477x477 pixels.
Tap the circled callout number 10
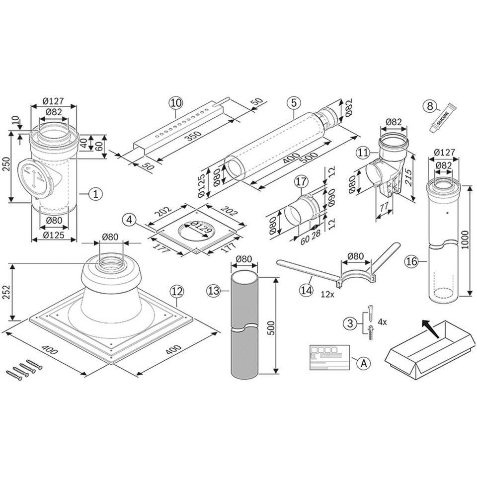coord(175,103)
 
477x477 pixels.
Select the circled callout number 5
coord(294,103)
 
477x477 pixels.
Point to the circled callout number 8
coord(429,105)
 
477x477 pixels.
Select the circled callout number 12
coord(176,292)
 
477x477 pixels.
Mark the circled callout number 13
coord(214,292)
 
